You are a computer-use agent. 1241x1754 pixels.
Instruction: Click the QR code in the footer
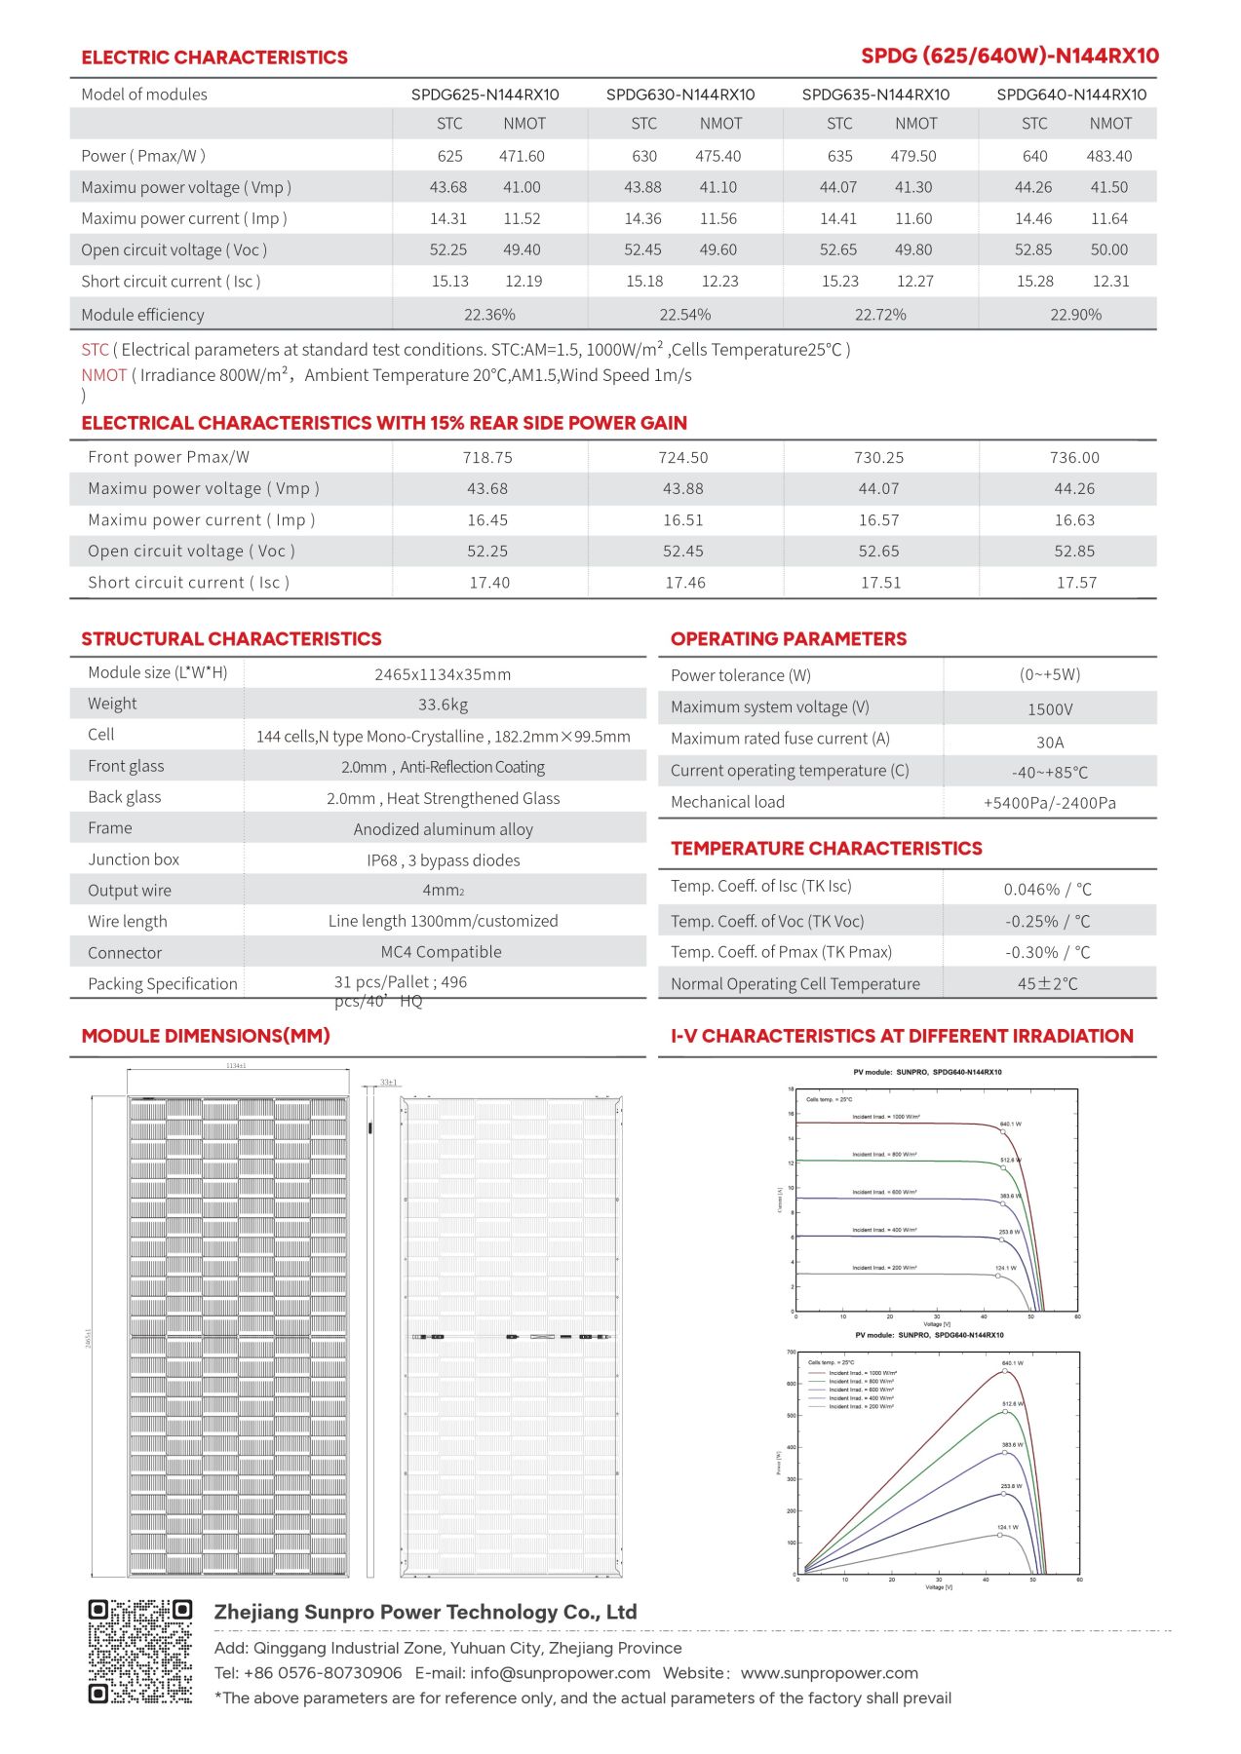[140, 1651]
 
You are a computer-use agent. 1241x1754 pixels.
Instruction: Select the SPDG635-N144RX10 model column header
[875, 95]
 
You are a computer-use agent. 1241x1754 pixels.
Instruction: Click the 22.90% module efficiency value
[1075, 315]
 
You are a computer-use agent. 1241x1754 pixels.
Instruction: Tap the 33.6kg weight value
[443, 705]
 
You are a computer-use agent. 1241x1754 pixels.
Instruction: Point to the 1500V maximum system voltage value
[1050, 709]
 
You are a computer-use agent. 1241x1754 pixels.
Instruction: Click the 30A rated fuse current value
[1050, 742]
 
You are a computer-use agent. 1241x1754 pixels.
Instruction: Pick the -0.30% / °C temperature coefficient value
[1048, 952]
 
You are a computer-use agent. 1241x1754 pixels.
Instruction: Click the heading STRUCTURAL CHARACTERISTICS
[231, 639]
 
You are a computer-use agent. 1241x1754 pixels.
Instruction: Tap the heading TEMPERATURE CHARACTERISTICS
[826, 849]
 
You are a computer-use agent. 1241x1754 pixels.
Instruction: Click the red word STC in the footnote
[96, 350]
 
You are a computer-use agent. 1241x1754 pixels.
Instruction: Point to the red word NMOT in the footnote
[104, 375]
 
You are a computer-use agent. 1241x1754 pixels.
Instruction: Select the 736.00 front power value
[1074, 457]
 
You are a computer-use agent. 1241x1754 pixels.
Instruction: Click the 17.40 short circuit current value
[489, 583]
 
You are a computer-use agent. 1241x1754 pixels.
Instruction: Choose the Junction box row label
[134, 859]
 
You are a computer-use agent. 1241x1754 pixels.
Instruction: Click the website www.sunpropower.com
[829, 1673]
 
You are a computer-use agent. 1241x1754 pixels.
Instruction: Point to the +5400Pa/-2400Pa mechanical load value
[1049, 803]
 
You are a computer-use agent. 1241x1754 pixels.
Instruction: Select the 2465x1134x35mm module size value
[443, 674]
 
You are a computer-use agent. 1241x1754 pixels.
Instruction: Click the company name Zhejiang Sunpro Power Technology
[425, 1612]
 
